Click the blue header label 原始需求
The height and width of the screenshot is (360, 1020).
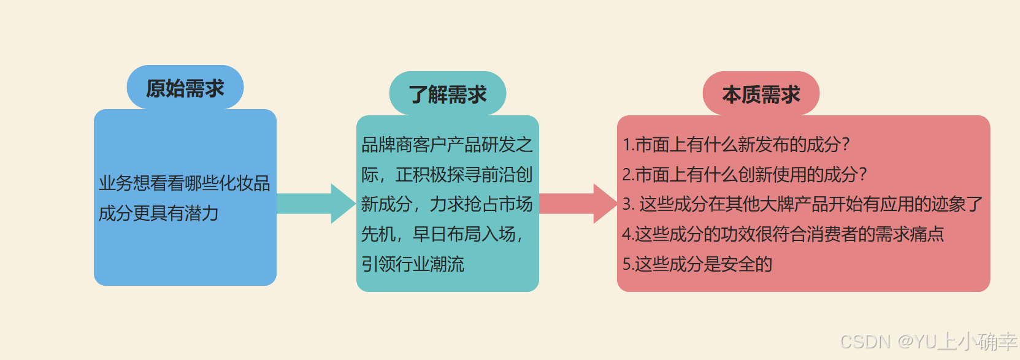click(x=185, y=88)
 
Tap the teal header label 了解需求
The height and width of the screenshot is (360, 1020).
click(x=447, y=94)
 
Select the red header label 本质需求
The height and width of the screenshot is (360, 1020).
click(x=761, y=94)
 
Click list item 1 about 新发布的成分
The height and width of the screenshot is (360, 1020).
click(x=735, y=145)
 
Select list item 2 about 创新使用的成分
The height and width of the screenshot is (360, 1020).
click(x=744, y=175)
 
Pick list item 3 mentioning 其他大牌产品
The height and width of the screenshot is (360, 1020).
click(x=802, y=204)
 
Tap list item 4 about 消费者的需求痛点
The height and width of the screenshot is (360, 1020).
click(x=783, y=234)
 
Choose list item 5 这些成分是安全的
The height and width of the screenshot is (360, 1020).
click(x=697, y=264)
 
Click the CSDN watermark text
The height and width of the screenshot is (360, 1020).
click(x=928, y=341)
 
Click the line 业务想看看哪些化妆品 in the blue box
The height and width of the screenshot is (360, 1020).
click(x=184, y=183)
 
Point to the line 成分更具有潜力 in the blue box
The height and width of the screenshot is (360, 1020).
click(x=159, y=213)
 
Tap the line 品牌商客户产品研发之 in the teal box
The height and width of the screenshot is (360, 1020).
click(x=447, y=145)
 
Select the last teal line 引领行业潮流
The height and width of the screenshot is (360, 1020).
click(x=412, y=264)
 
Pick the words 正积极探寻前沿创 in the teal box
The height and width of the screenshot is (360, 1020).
click(x=464, y=175)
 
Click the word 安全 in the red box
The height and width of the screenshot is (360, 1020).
click(x=737, y=264)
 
